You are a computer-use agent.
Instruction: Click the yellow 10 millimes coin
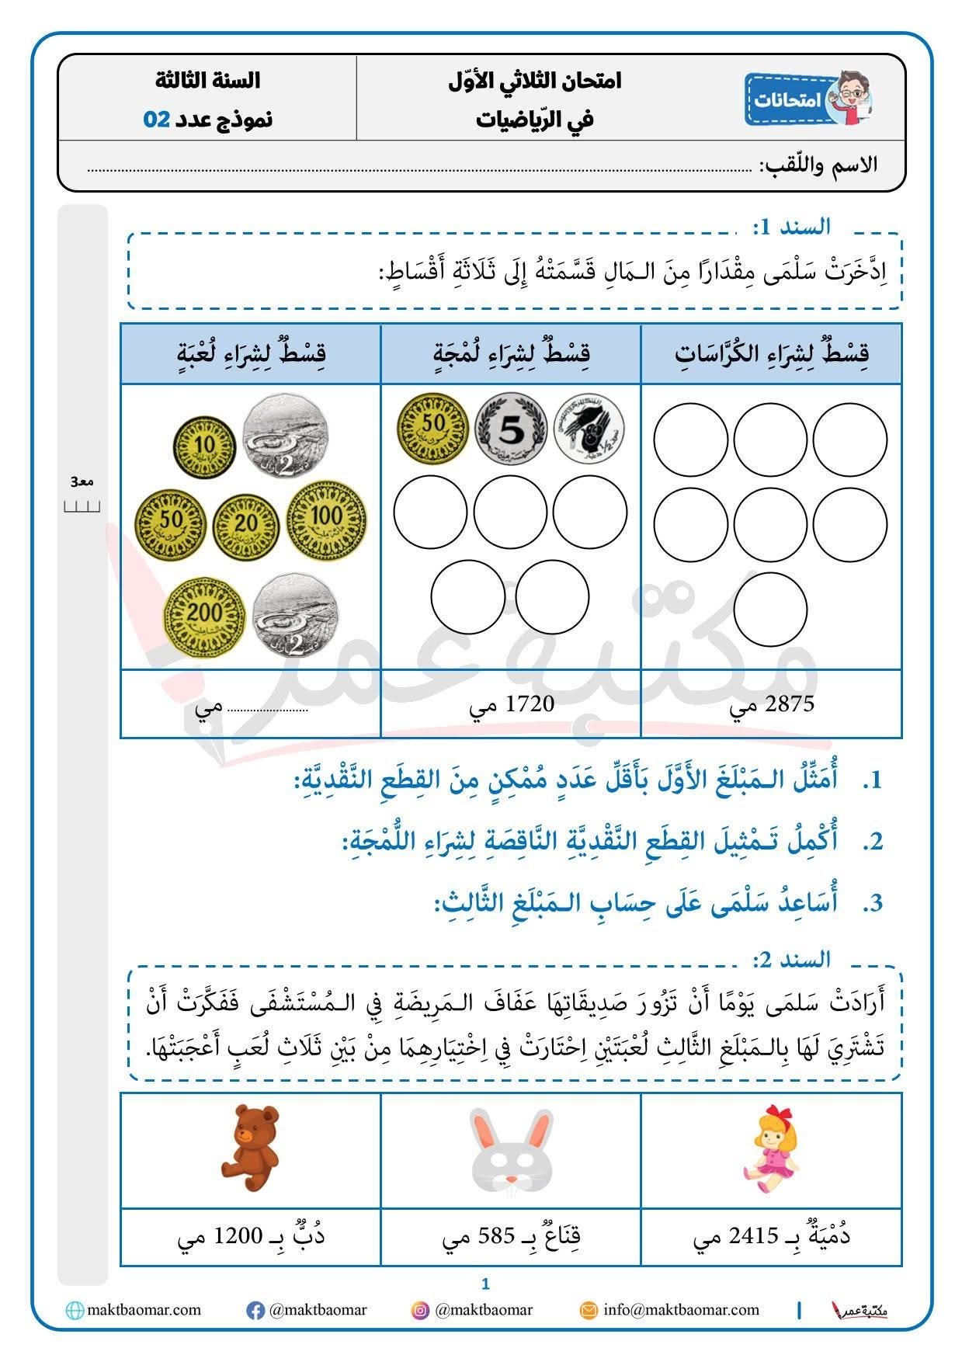[206, 446]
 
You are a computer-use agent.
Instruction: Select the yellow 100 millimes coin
[326, 517]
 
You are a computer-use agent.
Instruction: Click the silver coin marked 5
[510, 429]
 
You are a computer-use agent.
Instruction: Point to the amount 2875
[789, 704]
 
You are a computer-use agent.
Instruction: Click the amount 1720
[530, 704]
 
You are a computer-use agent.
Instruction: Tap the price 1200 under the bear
[237, 1236]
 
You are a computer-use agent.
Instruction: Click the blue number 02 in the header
[156, 120]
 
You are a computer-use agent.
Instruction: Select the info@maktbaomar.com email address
[681, 1310]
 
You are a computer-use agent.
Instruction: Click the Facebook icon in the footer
[255, 1311]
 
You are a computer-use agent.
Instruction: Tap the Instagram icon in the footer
[420, 1311]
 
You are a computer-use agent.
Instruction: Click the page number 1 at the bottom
[486, 1284]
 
